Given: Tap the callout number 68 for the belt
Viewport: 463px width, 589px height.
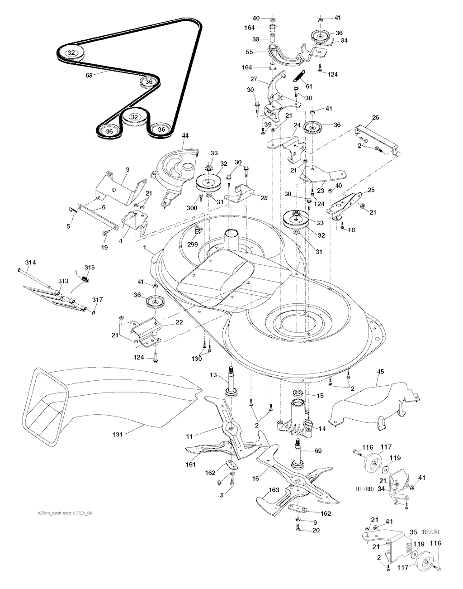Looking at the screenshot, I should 89,76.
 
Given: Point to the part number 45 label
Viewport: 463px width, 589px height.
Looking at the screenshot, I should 380,372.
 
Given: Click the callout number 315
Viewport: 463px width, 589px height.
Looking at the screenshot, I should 90,268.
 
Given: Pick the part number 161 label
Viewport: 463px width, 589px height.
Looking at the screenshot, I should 190,464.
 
